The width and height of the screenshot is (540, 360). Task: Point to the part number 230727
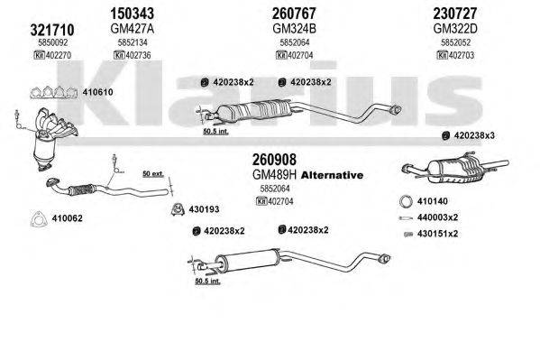pos(466,13)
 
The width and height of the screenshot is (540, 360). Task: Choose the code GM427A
pos(133,28)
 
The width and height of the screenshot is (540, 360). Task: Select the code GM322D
pos(465,28)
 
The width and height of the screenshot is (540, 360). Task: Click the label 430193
pos(203,210)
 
